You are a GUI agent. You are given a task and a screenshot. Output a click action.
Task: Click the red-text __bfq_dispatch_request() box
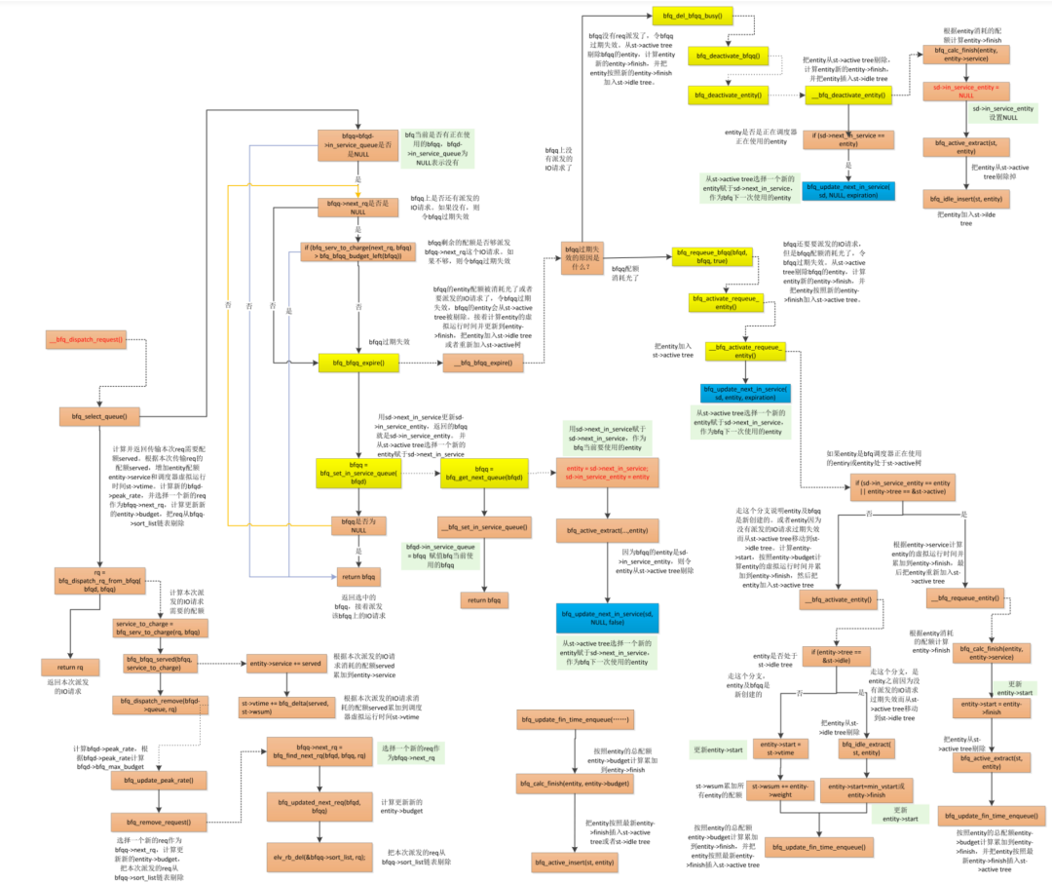click(x=86, y=339)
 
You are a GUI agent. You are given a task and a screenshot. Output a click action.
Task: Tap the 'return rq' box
click(x=64, y=667)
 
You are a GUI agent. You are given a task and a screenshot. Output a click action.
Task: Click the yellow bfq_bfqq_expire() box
click(x=353, y=363)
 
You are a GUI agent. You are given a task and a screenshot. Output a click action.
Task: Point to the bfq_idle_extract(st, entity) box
click(x=867, y=749)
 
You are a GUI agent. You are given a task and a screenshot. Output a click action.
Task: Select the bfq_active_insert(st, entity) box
click(x=571, y=861)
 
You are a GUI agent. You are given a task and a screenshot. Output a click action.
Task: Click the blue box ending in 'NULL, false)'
click(x=605, y=618)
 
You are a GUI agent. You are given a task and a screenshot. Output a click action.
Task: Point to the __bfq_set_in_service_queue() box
click(x=483, y=527)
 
